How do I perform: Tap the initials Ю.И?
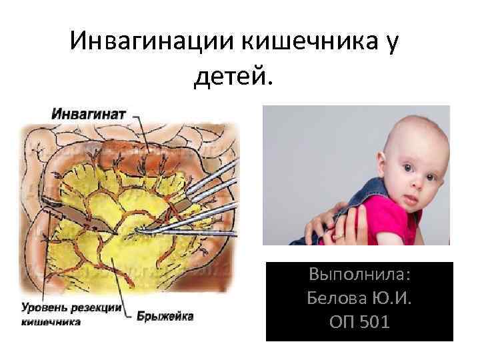(393, 298)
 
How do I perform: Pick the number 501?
(375, 322)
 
